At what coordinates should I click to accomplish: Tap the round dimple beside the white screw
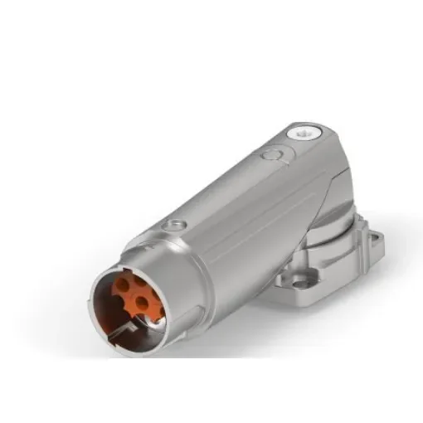click(x=270, y=154)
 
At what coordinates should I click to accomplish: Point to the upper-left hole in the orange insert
click(x=122, y=285)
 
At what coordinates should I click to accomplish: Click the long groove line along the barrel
click(x=241, y=207)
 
